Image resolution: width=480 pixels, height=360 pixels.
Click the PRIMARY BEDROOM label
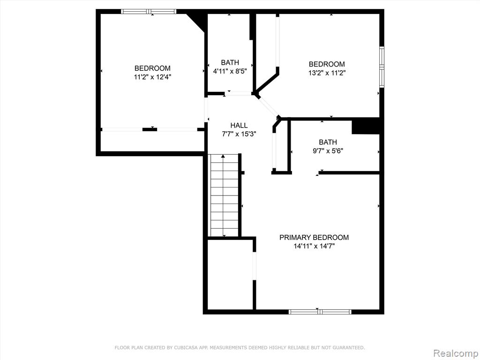tap(314, 237)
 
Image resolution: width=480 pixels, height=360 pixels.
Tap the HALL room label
tap(239, 125)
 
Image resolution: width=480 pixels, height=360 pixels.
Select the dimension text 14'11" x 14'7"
tap(314, 246)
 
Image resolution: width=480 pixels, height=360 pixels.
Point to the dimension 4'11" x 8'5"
tap(230, 71)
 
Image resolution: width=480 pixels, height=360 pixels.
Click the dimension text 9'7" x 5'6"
tap(328, 151)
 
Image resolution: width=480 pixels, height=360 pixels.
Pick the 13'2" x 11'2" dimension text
tap(327, 73)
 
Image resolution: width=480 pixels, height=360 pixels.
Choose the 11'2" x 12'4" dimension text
tap(152, 77)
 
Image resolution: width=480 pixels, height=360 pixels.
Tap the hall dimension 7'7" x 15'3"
tap(239, 134)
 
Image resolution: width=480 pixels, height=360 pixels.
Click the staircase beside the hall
tap(224, 195)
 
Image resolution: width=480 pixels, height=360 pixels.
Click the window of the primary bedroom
tap(320, 312)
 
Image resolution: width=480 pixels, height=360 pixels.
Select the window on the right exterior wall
tap(382, 67)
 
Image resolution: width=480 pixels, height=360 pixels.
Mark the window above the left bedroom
tap(149, 12)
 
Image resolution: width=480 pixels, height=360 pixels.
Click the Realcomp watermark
tap(457, 353)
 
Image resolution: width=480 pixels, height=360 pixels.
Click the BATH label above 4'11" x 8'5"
tap(230, 62)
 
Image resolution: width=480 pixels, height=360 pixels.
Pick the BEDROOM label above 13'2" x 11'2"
tap(327, 64)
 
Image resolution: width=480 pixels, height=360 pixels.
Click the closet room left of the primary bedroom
tap(230, 275)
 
